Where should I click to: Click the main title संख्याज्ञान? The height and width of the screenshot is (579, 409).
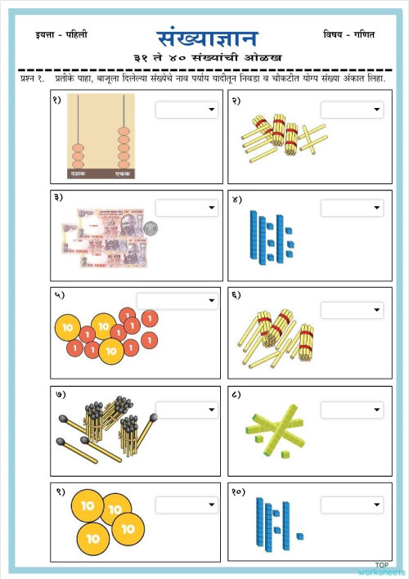click(207, 38)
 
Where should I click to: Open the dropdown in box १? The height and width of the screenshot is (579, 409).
click(187, 110)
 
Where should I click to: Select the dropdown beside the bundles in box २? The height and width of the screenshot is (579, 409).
click(352, 110)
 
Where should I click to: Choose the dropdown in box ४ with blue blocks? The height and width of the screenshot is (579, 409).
click(352, 209)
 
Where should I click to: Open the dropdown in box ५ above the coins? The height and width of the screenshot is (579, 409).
click(178, 301)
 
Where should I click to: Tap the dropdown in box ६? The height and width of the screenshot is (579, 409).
click(352, 311)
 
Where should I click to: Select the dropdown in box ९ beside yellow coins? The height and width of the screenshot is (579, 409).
click(187, 505)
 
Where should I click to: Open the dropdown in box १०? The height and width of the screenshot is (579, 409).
click(352, 505)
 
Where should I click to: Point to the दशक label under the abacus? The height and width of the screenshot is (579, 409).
click(78, 174)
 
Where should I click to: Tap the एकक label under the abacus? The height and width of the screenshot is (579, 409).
click(123, 174)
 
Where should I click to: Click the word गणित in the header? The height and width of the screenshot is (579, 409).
click(362, 34)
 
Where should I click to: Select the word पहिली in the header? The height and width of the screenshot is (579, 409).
click(74, 34)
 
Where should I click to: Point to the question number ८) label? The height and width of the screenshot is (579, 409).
click(236, 394)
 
